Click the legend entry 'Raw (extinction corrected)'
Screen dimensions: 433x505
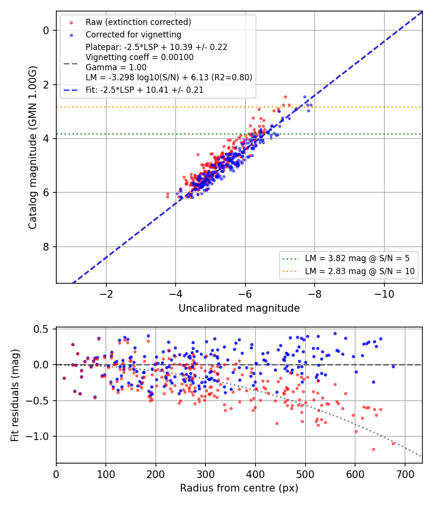(x=138, y=22)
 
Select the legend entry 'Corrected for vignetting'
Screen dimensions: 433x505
(x=133, y=35)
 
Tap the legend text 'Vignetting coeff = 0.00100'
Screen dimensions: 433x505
(x=140, y=57)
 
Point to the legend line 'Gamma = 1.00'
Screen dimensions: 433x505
(x=116, y=67)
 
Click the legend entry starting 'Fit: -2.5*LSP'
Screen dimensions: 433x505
(x=145, y=90)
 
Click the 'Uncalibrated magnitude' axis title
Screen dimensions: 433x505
(x=239, y=308)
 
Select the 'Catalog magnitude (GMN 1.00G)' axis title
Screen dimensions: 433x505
(x=33, y=148)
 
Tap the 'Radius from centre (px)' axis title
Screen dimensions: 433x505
(x=239, y=488)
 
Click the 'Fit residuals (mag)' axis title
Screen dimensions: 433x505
(x=15, y=395)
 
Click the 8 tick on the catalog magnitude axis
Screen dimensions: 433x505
(x=46, y=247)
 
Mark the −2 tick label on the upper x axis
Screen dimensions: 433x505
(x=106, y=294)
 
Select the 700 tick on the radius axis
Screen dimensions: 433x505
(x=405, y=474)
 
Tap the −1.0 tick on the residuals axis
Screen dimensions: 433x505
(x=37, y=436)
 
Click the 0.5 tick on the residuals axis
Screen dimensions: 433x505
(x=41, y=329)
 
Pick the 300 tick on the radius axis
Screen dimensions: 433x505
(x=205, y=474)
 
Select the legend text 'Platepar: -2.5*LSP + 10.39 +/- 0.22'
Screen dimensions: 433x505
(x=156, y=47)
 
